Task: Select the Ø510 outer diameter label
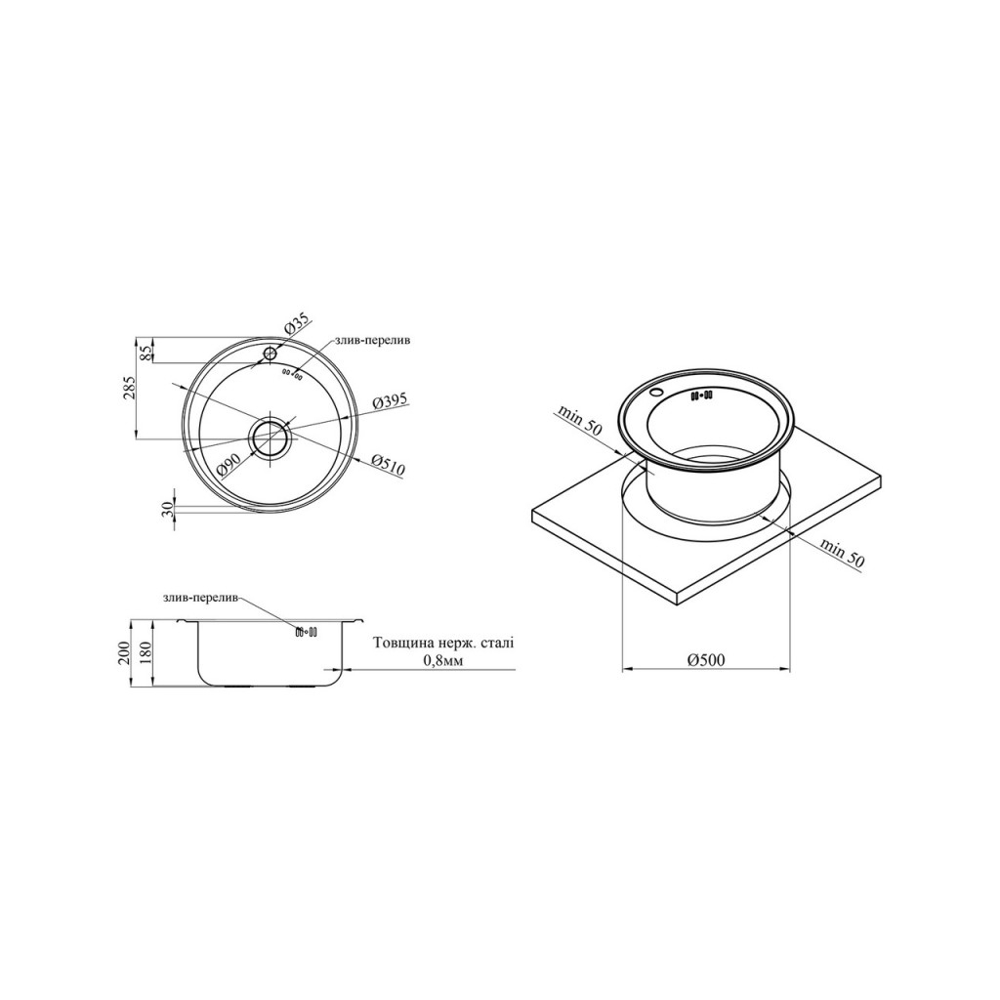point(387,466)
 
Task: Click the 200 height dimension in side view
point(126,653)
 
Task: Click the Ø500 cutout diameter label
point(705,660)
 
